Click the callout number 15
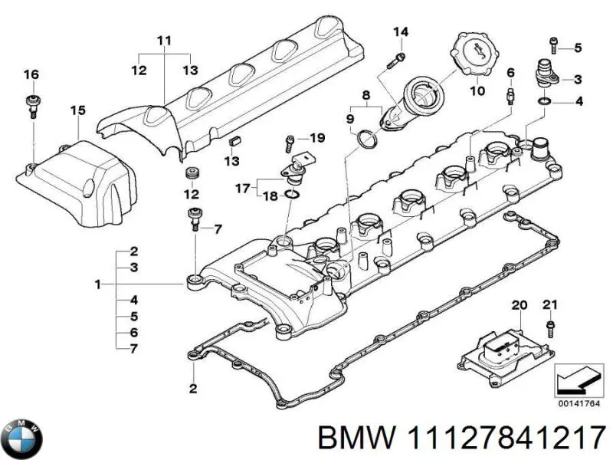point(78,110)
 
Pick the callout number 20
point(520,305)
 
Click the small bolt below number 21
point(550,328)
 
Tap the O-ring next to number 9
point(368,140)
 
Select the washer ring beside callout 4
point(544,102)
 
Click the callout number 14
point(401,32)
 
